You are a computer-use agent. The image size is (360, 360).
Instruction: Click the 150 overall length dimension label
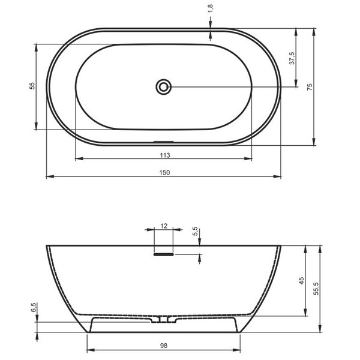(164, 172)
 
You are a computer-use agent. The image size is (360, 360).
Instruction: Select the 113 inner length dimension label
(165, 155)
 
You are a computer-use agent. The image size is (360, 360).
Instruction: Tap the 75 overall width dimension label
(310, 87)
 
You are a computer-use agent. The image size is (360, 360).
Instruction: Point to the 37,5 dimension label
(292, 58)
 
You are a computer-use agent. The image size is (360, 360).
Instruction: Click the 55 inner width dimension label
(32, 86)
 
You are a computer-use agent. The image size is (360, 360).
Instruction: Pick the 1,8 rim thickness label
(211, 9)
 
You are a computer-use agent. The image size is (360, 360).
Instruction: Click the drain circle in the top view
(163, 87)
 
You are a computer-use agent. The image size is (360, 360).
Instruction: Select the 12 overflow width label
(164, 226)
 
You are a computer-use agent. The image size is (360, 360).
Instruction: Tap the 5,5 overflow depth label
(195, 231)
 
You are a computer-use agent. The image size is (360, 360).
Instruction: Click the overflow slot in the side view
(163, 254)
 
